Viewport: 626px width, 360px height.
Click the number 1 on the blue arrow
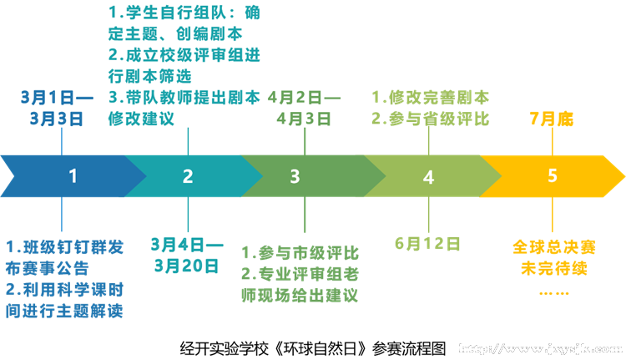[x=73, y=176]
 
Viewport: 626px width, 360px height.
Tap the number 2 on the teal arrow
[x=188, y=176]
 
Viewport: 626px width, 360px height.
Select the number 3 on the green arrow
[x=295, y=176]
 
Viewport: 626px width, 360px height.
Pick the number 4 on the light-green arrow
[x=428, y=177]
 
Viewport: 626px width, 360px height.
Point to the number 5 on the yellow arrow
[x=552, y=176]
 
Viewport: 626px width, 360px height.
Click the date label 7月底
[x=552, y=119]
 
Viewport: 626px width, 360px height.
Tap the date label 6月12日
[x=428, y=244]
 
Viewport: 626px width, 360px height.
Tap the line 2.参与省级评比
[x=430, y=119]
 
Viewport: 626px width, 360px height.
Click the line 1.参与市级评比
[x=300, y=252]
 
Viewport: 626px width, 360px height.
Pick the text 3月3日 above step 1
[x=57, y=119]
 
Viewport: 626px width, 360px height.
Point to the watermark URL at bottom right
[x=542, y=347]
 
